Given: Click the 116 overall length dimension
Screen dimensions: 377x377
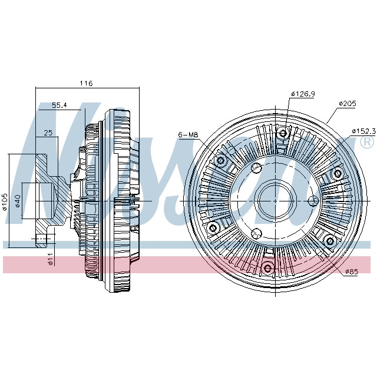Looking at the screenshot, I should click(87, 84).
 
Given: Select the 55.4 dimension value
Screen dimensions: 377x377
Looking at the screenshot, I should click(59, 105).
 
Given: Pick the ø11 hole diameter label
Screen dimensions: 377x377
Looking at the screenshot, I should click(51, 259).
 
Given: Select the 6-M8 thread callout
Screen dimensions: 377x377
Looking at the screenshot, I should click(187, 135).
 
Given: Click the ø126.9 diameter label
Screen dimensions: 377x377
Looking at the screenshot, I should click(302, 94).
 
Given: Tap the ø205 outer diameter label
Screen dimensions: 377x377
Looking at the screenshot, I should click(348, 103).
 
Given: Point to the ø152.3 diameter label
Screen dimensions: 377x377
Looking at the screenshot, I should click(363, 130).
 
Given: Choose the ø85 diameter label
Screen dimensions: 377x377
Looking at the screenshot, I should click(352, 272).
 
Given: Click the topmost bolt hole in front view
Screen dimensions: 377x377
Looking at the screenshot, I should click(283, 133).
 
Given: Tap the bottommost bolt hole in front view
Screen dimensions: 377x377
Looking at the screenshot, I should click(269, 269).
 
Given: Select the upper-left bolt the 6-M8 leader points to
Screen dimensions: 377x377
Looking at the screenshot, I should click(221, 160).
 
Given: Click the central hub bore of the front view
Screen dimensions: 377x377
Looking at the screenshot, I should click(276, 201).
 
